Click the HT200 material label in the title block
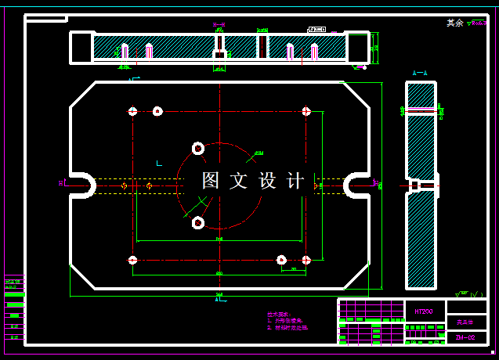point(424,311)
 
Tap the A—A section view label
point(420,73)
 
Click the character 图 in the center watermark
point(211,181)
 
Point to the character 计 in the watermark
point(295,181)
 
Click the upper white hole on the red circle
point(197,148)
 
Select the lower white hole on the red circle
point(197,223)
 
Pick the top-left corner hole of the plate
point(132,111)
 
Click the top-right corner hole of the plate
point(306,111)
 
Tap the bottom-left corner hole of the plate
point(132,260)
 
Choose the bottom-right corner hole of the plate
point(306,260)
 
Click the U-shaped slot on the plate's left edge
point(81,185)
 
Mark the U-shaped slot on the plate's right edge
point(357,185)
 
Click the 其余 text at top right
point(454,23)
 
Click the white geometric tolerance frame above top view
point(316,29)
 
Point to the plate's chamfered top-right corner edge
point(356,95)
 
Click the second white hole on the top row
point(157,111)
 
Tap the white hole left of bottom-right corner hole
point(281,260)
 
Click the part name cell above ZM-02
point(465,322)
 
